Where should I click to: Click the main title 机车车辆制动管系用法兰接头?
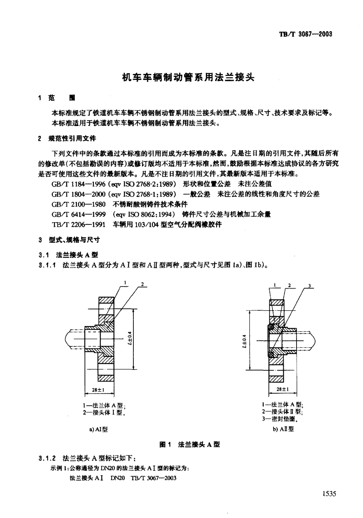click(x=188, y=77)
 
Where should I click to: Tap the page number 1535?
click(x=329, y=494)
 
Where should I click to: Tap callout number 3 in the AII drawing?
click(x=310, y=286)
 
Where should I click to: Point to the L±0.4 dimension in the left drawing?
click(x=130, y=338)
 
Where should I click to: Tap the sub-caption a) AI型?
click(x=99, y=429)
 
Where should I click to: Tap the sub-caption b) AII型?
click(x=283, y=429)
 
